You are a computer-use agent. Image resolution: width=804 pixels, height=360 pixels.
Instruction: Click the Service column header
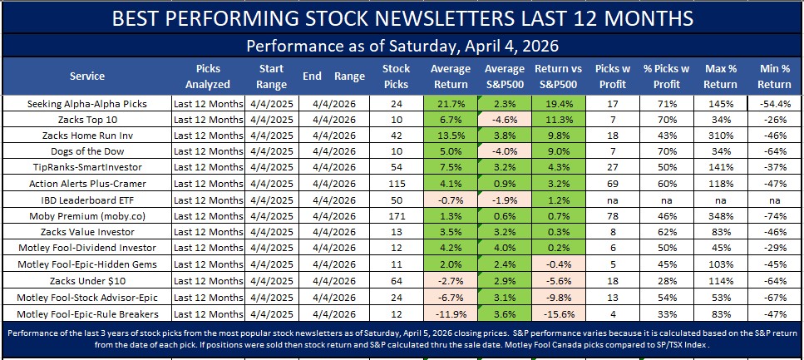pos(87,76)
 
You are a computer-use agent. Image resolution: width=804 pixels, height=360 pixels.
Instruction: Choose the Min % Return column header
pos(774,76)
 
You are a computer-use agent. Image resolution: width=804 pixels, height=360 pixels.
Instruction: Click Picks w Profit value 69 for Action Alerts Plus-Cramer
pos(611,183)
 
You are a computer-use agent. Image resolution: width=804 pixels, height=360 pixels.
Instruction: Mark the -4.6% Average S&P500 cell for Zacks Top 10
pos(504,120)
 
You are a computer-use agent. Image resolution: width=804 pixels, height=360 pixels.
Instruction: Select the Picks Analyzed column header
pos(208,76)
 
